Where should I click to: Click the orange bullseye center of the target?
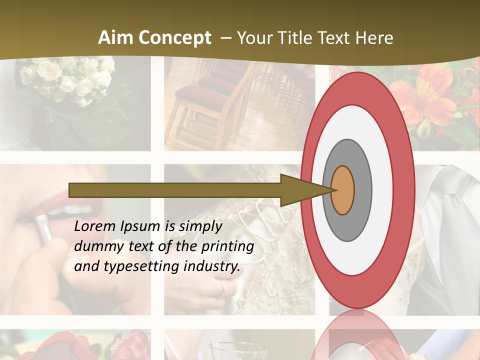[343, 190]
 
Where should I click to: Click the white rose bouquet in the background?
[65, 77]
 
